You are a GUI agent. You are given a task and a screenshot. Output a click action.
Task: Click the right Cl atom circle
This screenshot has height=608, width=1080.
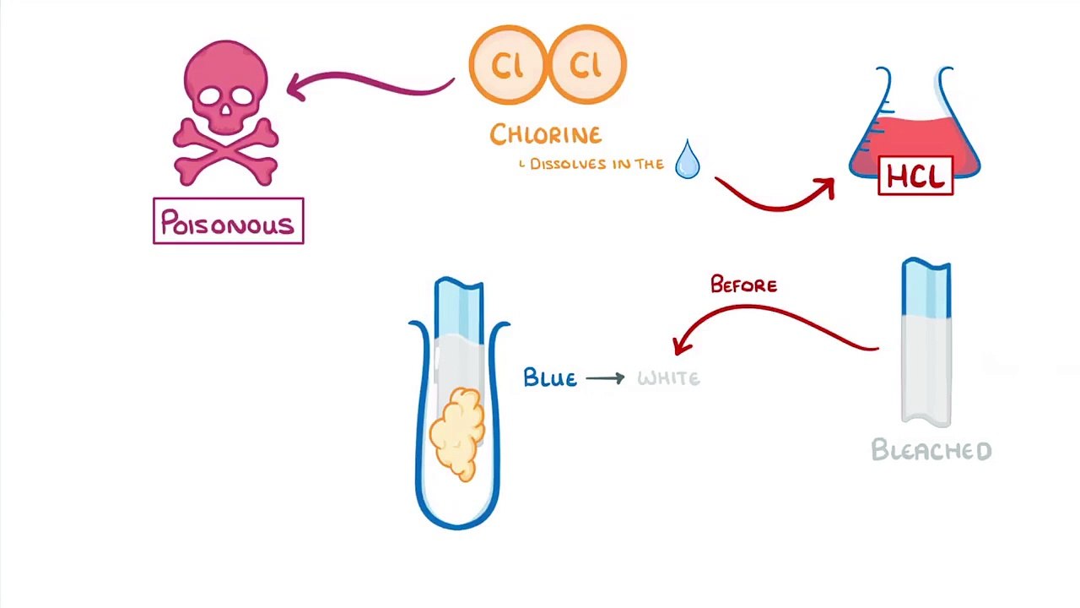click(x=586, y=65)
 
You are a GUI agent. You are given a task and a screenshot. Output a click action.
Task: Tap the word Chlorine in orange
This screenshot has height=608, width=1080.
click(x=545, y=134)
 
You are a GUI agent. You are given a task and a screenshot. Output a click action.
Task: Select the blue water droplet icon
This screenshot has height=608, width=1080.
click(x=688, y=160)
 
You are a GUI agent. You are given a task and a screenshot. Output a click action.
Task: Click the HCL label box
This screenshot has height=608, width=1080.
click(x=915, y=176)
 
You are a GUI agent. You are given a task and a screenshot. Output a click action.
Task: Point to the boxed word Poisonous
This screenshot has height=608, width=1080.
click(x=228, y=222)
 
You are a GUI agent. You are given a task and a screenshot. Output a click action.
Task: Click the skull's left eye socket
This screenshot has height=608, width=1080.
click(x=208, y=95)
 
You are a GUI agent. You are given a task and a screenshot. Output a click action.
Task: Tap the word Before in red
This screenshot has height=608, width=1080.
click(x=743, y=285)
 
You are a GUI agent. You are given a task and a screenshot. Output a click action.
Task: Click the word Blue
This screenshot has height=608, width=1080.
click(x=550, y=377)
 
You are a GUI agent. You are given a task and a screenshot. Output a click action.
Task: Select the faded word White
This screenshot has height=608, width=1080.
click(x=668, y=378)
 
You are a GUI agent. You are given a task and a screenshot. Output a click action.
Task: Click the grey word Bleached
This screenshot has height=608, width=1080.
click(x=931, y=450)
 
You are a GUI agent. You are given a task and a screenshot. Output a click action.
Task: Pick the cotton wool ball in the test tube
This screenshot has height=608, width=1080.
click(x=458, y=432)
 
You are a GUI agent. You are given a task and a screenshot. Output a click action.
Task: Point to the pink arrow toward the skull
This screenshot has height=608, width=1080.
click(x=371, y=83)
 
